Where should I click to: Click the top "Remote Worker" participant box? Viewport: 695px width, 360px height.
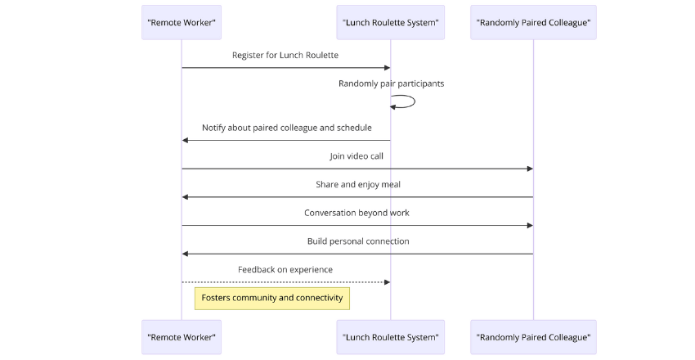coord(182,22)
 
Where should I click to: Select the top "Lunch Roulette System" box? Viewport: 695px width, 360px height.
coord(390,22)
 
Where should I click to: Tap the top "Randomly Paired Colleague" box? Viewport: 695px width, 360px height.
coord(533,22)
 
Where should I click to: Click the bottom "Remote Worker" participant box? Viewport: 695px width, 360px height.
coord(182,337)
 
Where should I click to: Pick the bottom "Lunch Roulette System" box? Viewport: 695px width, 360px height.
coord(390,337)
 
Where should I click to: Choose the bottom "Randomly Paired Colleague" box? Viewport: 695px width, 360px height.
coord(533,337)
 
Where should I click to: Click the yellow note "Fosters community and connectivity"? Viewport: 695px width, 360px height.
coord(272,298)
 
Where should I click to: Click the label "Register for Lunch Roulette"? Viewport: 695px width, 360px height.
coord(285,55)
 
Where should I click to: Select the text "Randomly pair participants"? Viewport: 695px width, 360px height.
coord(392,83)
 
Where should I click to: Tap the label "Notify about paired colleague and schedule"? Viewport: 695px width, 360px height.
coord(287,128)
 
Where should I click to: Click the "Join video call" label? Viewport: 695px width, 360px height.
coord(356,156)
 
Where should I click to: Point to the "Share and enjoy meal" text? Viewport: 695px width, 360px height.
coord(358,185)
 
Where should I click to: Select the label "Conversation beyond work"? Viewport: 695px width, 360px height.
coord(357,213)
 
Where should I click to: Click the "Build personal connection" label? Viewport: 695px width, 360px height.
coord(358,241)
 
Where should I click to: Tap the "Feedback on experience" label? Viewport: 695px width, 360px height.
coord(285,269)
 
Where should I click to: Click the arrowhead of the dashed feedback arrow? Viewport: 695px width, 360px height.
coord(386,282)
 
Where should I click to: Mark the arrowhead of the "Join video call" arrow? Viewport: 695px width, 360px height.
coord(529,169)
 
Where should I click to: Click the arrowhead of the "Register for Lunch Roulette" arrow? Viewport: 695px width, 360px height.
coord(386,67)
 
